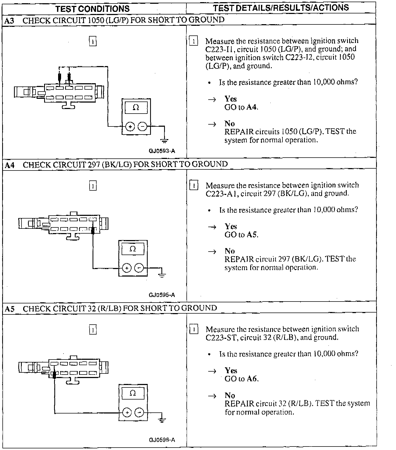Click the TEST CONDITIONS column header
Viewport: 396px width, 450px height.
coord(92,9)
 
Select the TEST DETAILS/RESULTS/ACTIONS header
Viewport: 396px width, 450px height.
coord(281,8)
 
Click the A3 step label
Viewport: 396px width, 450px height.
coord(9,21)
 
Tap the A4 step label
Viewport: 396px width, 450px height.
coord(9,165)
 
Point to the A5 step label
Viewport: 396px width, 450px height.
coord(9,309)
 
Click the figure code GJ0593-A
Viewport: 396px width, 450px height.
coord(162,151)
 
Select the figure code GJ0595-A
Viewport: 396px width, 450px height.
coord(162,295)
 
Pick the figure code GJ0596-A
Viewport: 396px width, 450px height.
coord(162,440)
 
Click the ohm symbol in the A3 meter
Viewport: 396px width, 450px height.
coord(136,107)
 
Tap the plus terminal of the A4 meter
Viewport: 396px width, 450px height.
coord(127,268)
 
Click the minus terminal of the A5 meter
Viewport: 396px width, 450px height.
coord(139,412)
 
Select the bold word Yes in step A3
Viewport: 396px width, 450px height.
coord(231,99)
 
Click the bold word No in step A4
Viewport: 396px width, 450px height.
coord(230,251)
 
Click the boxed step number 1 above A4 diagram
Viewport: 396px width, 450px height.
coord(93,186)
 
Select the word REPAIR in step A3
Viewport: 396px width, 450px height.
coord(239,132)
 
